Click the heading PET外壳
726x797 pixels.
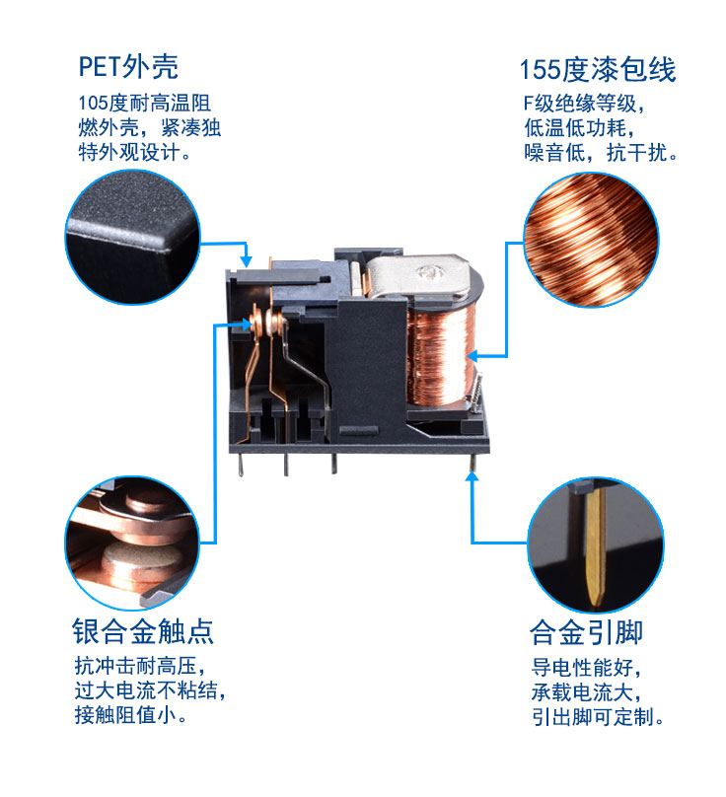(128, 67)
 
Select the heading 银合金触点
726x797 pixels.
(143, 631)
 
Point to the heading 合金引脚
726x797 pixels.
(586, 632)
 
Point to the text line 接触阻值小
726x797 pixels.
(130, 713)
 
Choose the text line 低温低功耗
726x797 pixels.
(573, 129)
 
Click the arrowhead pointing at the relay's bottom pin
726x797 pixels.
(472, 476)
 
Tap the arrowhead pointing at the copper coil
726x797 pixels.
(472, 354)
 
